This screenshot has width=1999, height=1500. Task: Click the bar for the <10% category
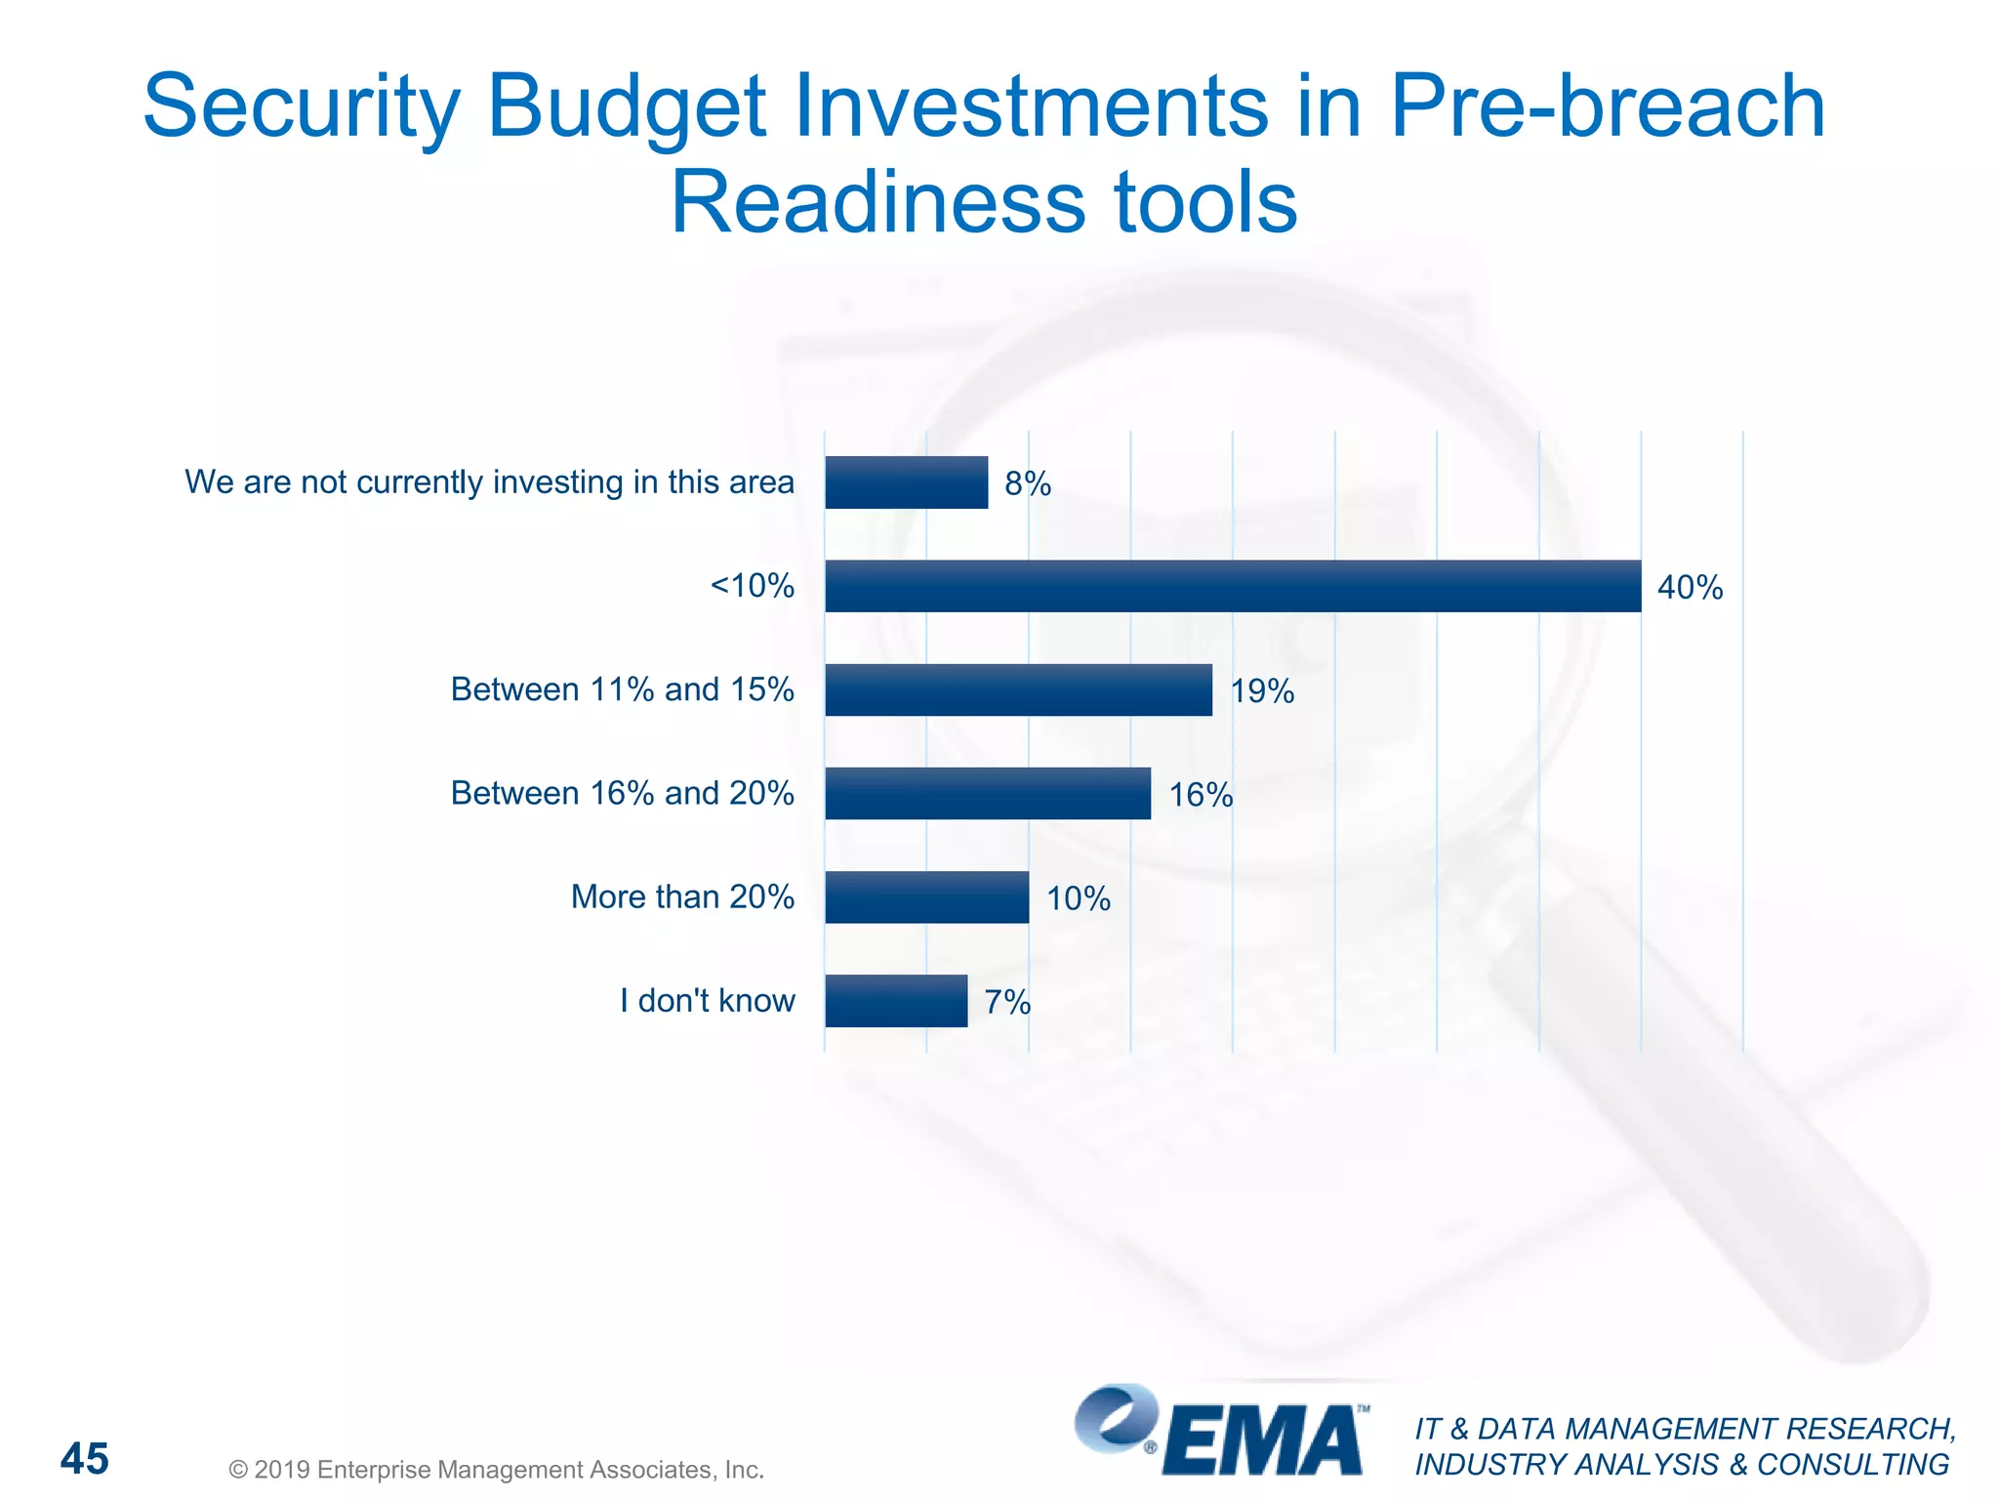coord(1232,586)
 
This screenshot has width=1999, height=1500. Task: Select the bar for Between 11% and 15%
coord(1018,689)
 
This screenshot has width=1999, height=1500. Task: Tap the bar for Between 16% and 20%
coord(987,793)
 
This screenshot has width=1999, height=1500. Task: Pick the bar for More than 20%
coord(926,896)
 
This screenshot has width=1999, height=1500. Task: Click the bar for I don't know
coord(896,1000)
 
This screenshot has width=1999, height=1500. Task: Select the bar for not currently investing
coord(906,482)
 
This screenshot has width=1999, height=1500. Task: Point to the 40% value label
coord(1690,588)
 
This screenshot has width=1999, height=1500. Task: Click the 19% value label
coord(1262,691)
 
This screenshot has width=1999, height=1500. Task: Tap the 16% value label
coord(1201,795)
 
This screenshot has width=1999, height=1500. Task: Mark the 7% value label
coord(1007,1002)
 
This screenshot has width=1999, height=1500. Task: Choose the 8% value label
coord(1028,484)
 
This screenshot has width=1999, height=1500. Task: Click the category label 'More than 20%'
coord(682,896)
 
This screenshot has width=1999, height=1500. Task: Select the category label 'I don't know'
coord(708,1000)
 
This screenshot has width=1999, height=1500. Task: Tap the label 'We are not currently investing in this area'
coord(489,482)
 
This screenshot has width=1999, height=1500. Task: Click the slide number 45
coord(85,1459)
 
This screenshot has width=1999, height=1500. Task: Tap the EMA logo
coord(1220,1432)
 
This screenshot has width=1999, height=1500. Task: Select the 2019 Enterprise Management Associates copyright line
coord(496,1470)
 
